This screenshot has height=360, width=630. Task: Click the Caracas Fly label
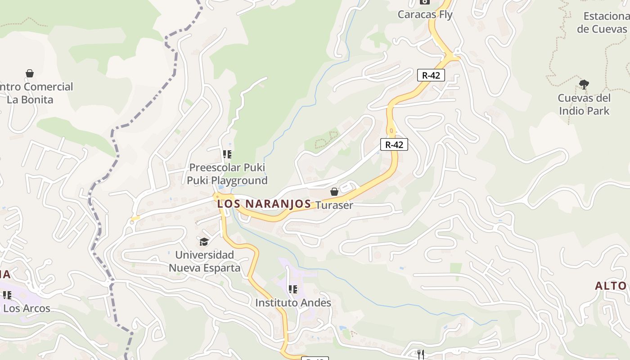(x=425, y=14)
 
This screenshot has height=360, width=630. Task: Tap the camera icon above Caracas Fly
(x=424, y=2)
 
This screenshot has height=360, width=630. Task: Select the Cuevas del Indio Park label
(x=584, y=104)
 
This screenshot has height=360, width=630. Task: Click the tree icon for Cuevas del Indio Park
(x=584, y=84)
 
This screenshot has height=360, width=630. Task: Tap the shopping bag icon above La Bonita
(x=30, y=73)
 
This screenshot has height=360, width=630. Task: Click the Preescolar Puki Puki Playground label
(x=227, y=174)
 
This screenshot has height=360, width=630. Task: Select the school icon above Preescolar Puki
(x=227, y=155)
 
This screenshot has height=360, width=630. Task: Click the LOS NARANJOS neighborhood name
(x=264, y=204)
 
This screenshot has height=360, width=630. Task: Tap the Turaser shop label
(x=334, y=205)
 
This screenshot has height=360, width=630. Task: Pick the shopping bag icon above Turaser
(x=334, y=192)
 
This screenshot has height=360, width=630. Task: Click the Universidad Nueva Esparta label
(x=205, y=261)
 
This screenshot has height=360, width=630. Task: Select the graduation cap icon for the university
(x=204, y=242)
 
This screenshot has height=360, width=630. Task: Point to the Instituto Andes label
(x=293, y=303)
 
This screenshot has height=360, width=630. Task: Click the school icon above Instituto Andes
(x=293, y=289)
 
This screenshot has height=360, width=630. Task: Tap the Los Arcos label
(x=27, y=309)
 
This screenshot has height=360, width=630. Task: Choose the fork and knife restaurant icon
(x=421, y=354)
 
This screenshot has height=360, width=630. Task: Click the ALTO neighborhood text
(x=611, y=286)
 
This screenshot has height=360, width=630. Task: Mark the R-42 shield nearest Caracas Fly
(x=431, y=75)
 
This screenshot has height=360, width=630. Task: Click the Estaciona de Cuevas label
(x=603, y=22)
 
